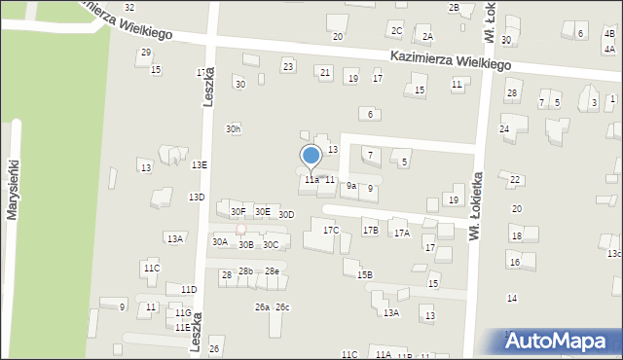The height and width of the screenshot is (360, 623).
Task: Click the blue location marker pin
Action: pyautogui.click(x=311, y=157)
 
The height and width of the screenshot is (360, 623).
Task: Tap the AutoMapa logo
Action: pyautogui.click(x=563, y=340)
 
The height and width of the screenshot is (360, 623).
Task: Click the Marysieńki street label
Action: pyautogui.click(x=14, y=189)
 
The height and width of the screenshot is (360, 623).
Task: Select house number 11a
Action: pyautogui.click(x=311, y=180)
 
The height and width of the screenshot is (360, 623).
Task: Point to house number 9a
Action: pyautogui.click(x=351, y=185)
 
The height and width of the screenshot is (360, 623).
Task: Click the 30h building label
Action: pyautogui.click(x=233, y=128)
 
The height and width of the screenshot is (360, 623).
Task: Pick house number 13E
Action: pyautogui.click(x=199, y=165)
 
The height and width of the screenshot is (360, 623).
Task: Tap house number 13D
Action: pyautogui.click(x=197, y=198)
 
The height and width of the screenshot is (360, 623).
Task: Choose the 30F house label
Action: pyautogui.click(x=238, y=211)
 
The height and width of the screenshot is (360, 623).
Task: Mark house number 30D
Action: pyautogui.click(x=286, y=214)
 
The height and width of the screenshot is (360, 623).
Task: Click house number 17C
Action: pyautogui.click(x=331, y=231)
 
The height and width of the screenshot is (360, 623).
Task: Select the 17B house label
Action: pyautogui.click(x=370, y=231)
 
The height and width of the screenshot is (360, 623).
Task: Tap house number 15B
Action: pyautogui.click(x=364, y=275)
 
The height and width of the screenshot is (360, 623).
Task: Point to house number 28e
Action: pyautogui.click(x=272, y=271)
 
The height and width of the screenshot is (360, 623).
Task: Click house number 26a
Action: pyautogui.click(x=262, y=307)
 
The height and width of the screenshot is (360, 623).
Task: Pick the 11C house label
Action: pyautogui.click(x=151, y=268)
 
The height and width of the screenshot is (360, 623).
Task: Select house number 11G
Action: pyautogui.click(x=183, y=313)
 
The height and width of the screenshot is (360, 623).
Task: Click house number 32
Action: pyautogui.click(x=128, y=8)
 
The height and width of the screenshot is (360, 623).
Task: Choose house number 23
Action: pyautogui.click(x=288, y=65)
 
